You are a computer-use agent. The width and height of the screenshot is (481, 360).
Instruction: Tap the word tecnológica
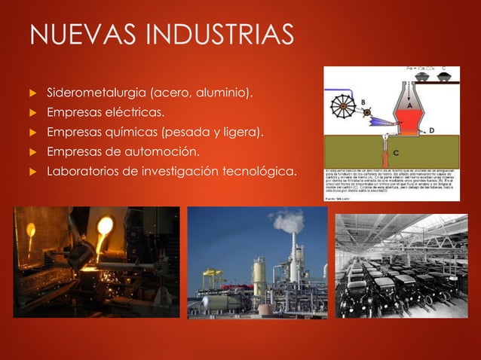point(256,172)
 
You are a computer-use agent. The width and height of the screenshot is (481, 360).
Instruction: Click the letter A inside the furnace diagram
point(409,106)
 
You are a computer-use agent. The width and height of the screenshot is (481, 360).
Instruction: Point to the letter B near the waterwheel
point(363,102)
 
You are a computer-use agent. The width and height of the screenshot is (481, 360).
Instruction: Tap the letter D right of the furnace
point(432,130)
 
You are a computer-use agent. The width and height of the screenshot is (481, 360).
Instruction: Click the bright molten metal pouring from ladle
point(103,226)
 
